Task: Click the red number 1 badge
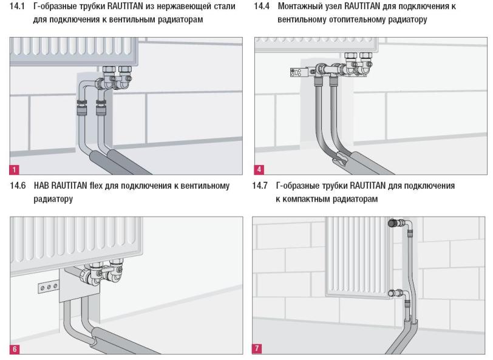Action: [x=14, y=169]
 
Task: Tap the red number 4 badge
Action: [x=259, y=169]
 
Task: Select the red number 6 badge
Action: [x=15, y=348]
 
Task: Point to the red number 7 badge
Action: [x=257, y=348]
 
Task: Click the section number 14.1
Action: [x=17, y=6]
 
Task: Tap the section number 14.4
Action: [x=262, y=6]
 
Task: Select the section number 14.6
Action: [x=18, y=186]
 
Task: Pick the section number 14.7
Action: [x=260, y=186]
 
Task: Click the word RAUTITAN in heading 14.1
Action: [x=125, y=6]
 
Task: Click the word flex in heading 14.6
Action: [x=96, y=186]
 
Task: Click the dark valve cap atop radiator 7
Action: [x=393, y=223]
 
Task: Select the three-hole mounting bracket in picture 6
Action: [x=49, y=287]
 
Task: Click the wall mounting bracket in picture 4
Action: [x=301, y=73]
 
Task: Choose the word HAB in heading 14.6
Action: [x=41, y=186]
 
